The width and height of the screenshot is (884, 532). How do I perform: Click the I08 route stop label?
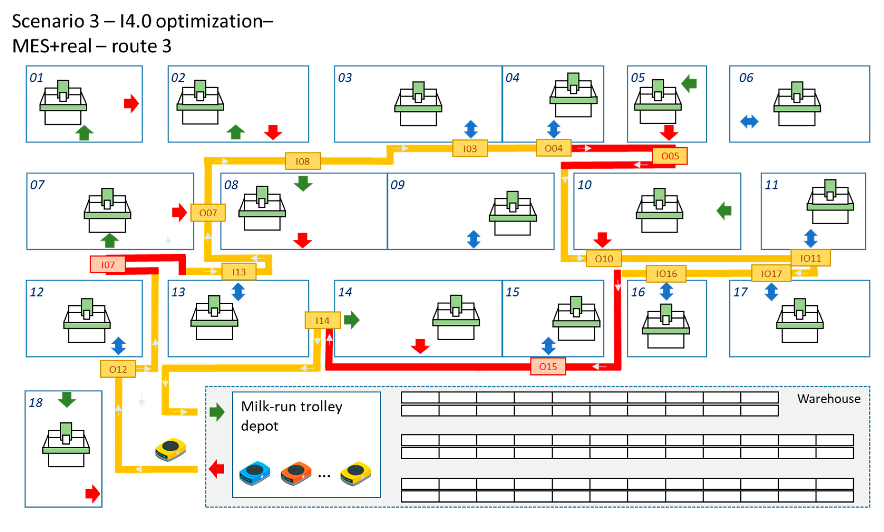302,161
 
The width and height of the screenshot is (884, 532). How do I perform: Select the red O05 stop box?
669,156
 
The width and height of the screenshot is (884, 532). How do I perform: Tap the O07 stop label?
208,213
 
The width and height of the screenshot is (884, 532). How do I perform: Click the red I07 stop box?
107,265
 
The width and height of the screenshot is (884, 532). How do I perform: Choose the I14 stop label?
322,320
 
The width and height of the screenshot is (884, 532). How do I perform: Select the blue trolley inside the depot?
254,473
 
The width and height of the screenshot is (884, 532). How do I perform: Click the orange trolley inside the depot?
296,473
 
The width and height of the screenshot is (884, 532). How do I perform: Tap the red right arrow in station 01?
131,104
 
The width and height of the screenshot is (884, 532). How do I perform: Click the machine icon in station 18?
66,445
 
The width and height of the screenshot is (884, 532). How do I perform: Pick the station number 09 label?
397,185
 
